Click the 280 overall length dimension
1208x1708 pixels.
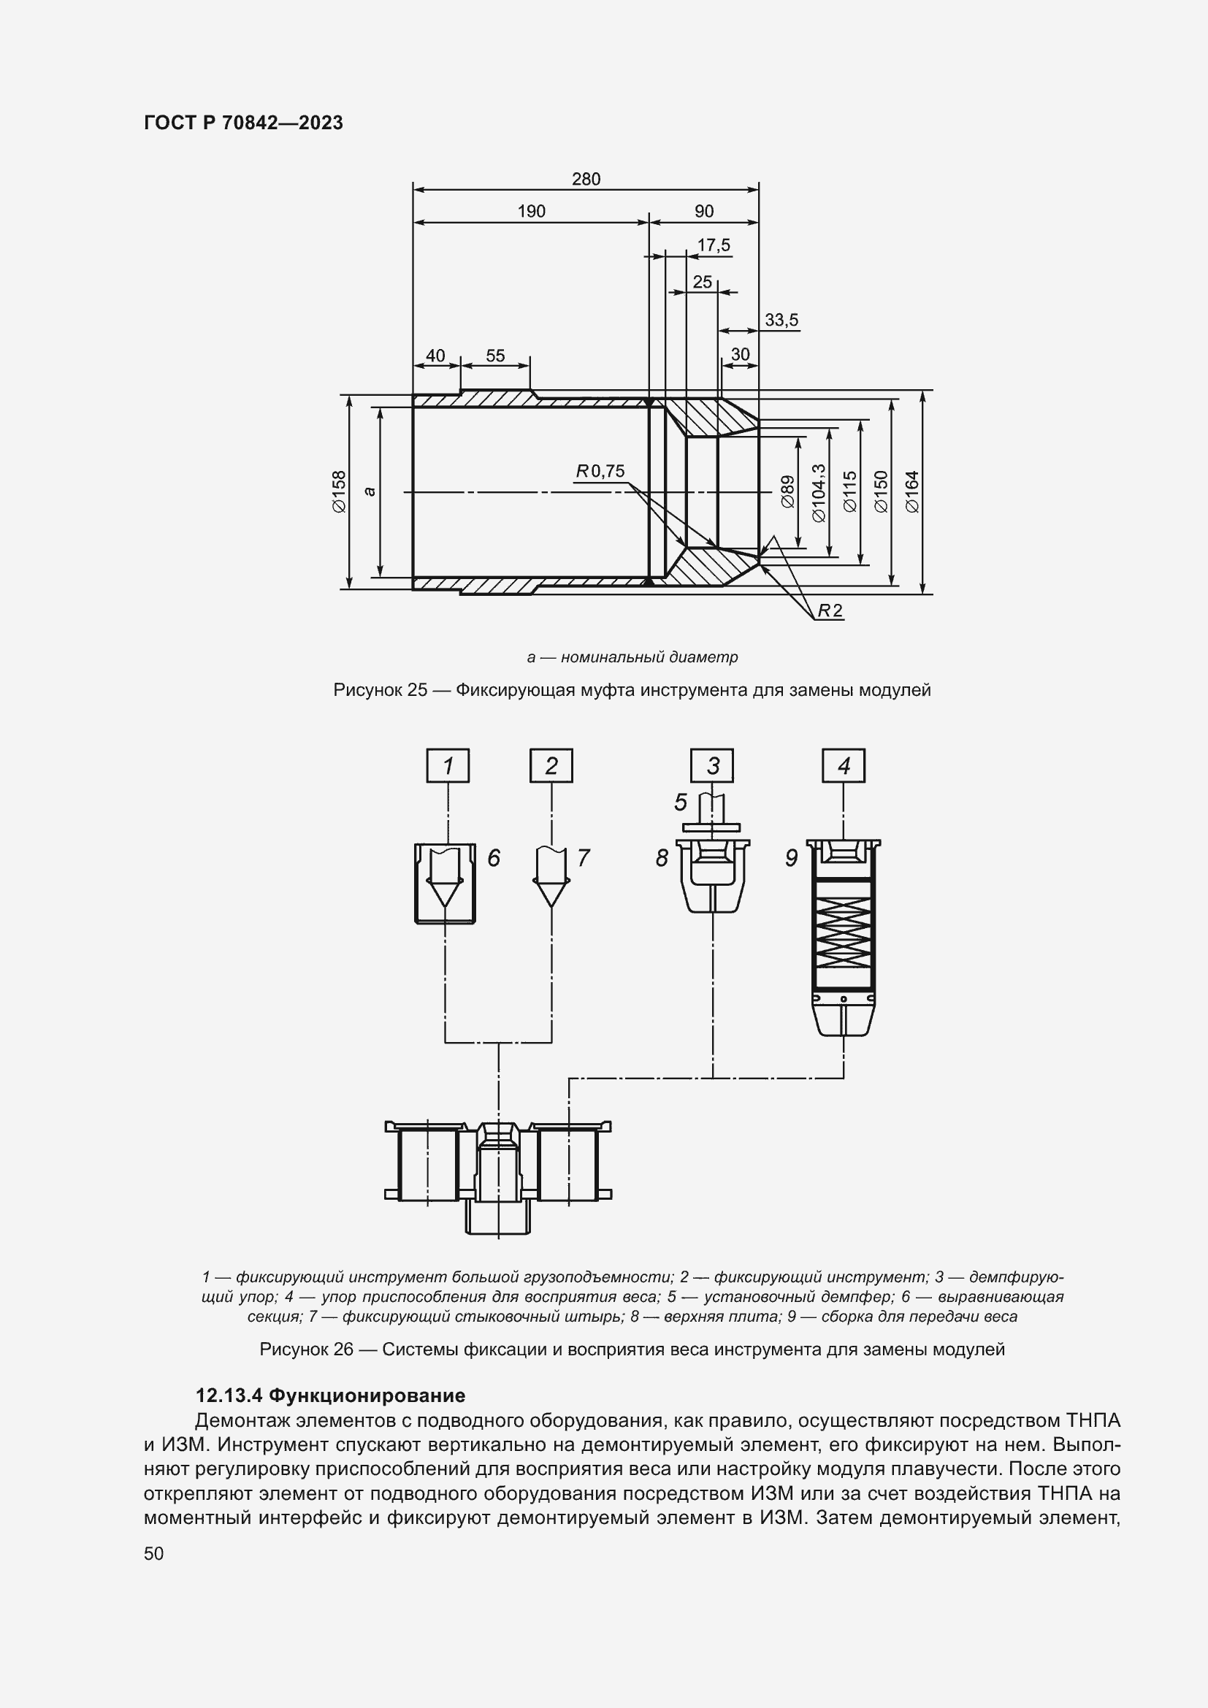click(x=586, y=180)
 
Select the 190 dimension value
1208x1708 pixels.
click(x=531, y=212)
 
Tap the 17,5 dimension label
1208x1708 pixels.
click(x=714, y=245)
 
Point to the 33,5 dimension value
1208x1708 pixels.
click(x=781, y=321)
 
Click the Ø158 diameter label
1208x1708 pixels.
click(x=338, y=491)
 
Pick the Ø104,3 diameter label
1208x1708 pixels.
click(x=819, y=492)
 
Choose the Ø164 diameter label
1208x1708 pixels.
click(x=913, y=491)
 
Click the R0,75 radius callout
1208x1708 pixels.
click(x=600, y=472)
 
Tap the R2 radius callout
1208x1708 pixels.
click(x=830, y=610)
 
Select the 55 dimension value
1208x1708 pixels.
click(x=495, y=356)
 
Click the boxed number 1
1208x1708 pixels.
click(x=448, y=766)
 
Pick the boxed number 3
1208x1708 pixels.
click(x=713, y=766)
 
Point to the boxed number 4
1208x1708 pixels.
click(x=844, y=766)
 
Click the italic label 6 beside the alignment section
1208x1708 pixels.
click(x=494, y=859)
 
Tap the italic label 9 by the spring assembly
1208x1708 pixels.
click(x=792, y=859)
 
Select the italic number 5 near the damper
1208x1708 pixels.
click(x=681, y=803)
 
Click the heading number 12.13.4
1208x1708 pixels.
click(x=229, y=1395)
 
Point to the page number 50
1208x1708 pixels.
click(x=154, y=1553)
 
